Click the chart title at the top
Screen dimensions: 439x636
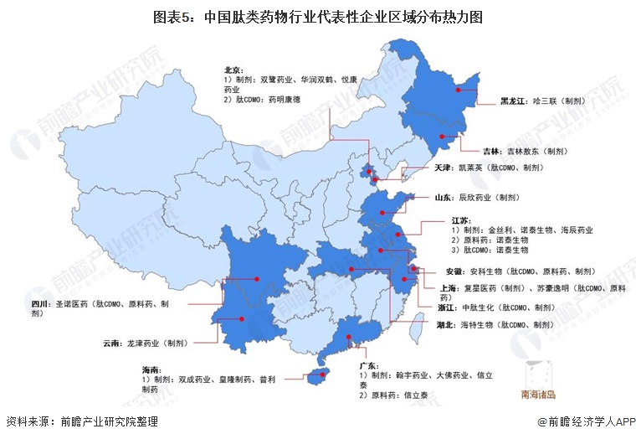[317, 16]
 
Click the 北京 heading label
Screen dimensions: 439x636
[233, 70]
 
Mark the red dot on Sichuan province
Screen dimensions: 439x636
[257, 279]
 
